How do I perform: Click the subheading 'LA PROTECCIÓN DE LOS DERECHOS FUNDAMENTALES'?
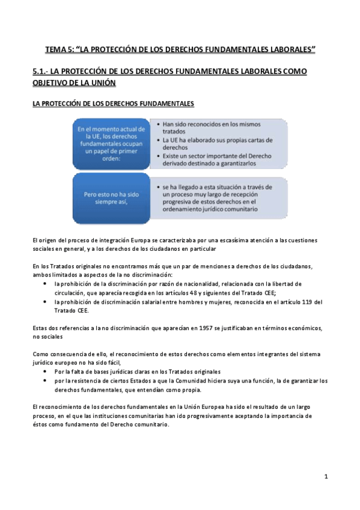point(114,104)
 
